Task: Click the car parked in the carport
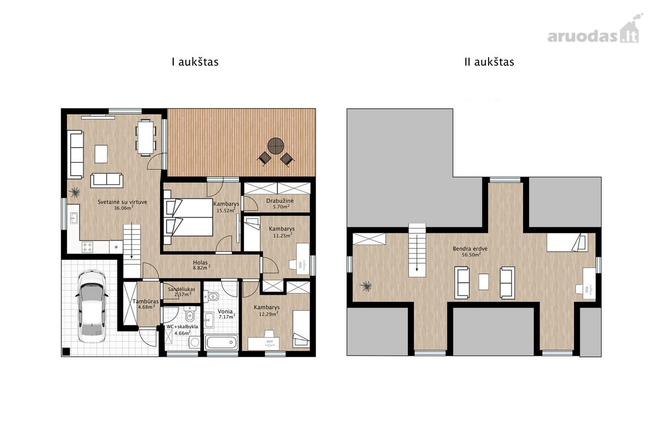tap(91, 306)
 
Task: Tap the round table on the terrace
tap(275, 146)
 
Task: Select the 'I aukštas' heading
tap(195, 62)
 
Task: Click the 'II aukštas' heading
tap(489, 62)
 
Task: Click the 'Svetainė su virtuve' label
tap(122, 202)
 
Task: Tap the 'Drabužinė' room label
tap(280, 201)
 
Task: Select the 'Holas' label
tap(200, 262)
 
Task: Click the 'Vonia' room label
tap(225, 311)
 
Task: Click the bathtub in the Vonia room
tap(221, 343)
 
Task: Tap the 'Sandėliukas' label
tap(181, 289)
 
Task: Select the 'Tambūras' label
tap(145, 301)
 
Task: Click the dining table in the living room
tap(146, 137)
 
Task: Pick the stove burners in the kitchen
tap(87, 247)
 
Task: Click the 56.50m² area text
tap(471, 255)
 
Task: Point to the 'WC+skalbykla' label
tap(182, 327)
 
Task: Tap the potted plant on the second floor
tap(366, 286)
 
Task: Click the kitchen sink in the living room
tap(73, 218)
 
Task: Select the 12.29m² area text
tap(269, 314)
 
